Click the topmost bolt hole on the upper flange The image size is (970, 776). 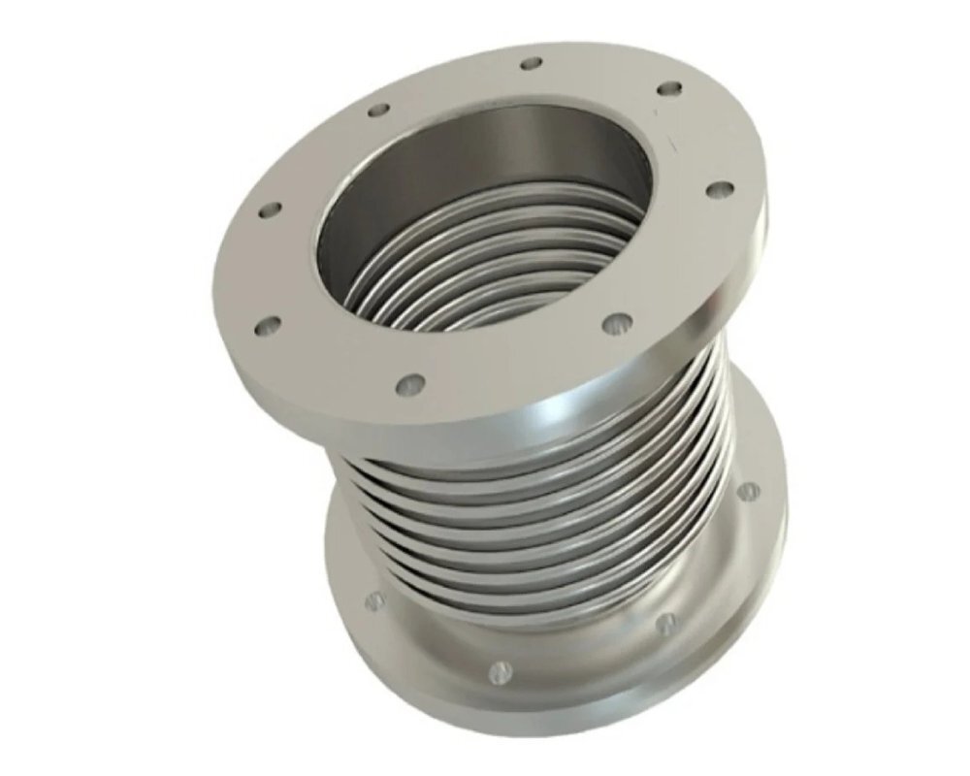coord(531,64)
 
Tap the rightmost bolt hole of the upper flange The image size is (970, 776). coord(719,188)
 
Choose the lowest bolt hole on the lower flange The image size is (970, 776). coord(501,669)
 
